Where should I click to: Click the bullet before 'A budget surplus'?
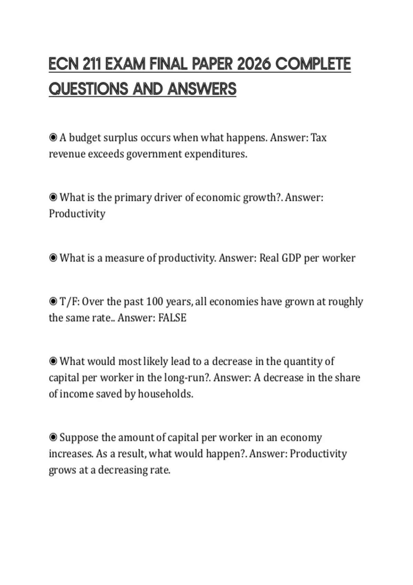(x=53, y=138)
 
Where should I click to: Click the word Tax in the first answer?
(x=319, y=138)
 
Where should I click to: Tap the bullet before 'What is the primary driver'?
(x=53, y=198)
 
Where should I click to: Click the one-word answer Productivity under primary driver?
(x=77, y=214)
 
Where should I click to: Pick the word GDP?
(x=291, y=258)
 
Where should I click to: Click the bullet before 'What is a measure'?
(x=53, y=258)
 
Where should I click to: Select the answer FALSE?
(x=172, y=318)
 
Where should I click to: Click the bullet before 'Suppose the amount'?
(x=53, y=438)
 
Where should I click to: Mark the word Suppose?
(x=79, y=438)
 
